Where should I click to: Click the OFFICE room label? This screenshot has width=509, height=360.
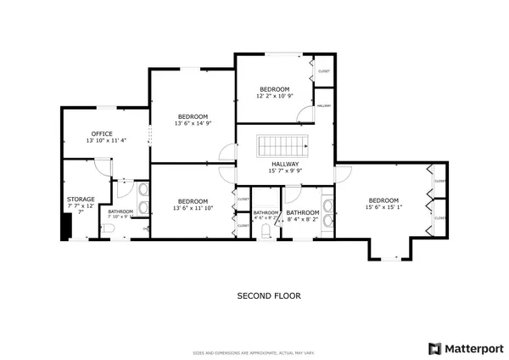[x=102, y=133]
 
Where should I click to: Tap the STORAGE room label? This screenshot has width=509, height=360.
[x=81, y=200]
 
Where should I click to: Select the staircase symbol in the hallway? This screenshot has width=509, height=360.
[x=285, y=145]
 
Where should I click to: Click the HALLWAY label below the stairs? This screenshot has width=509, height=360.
[x=285, y=164]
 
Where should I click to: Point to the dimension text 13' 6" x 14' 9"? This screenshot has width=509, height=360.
[x=192, y=124]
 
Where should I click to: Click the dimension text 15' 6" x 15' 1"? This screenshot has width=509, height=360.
[x=383, y=206]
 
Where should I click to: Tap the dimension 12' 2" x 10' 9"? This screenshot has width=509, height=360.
[x=274, y=96]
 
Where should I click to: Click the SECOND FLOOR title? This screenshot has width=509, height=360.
[x=268, y=296]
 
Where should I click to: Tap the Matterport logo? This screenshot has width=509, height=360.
[x=466, y=348]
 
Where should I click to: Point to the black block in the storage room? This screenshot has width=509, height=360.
[x=65, y=227]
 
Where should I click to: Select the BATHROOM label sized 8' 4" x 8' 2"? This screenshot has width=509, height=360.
[x=302, y=212]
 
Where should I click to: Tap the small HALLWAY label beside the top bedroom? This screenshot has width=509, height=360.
[x=323, y=105]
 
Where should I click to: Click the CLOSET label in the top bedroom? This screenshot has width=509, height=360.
[x=323, y=71]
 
